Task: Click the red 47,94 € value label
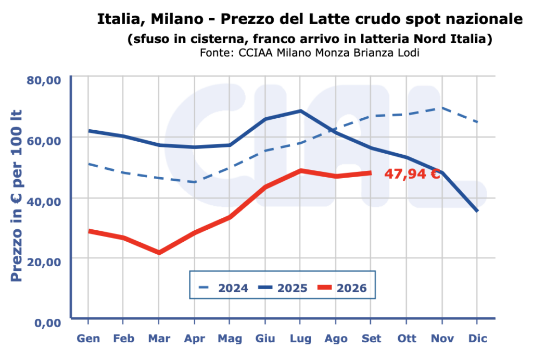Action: (x=412, y=174)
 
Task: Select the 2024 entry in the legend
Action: (x=223, y=288)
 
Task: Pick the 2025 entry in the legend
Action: (x=283, y=288)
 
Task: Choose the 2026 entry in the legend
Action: (x=342, y=288)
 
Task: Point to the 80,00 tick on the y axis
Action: (x=44, y=81)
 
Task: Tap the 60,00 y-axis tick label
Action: (x=44, y=141)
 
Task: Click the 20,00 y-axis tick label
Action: (x=44, y=262)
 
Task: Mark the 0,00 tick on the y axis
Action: (x=47, y=322)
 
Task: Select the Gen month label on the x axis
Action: (x=88, y=339)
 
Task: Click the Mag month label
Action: (x=230, y=339)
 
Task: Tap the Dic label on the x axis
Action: (x=478, y=339)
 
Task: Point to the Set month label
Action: (x=371, y=339)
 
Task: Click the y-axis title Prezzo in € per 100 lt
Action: (x=16, y=196)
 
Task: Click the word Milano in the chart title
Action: (x=177, y=19)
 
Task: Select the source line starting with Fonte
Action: (x=309, y=53)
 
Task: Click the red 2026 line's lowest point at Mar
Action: (x=159, y=253)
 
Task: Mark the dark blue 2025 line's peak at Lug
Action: (x=300, y=111)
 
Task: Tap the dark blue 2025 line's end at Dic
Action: (x=477, y=211)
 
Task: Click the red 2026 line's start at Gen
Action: (x=88, y=231)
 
